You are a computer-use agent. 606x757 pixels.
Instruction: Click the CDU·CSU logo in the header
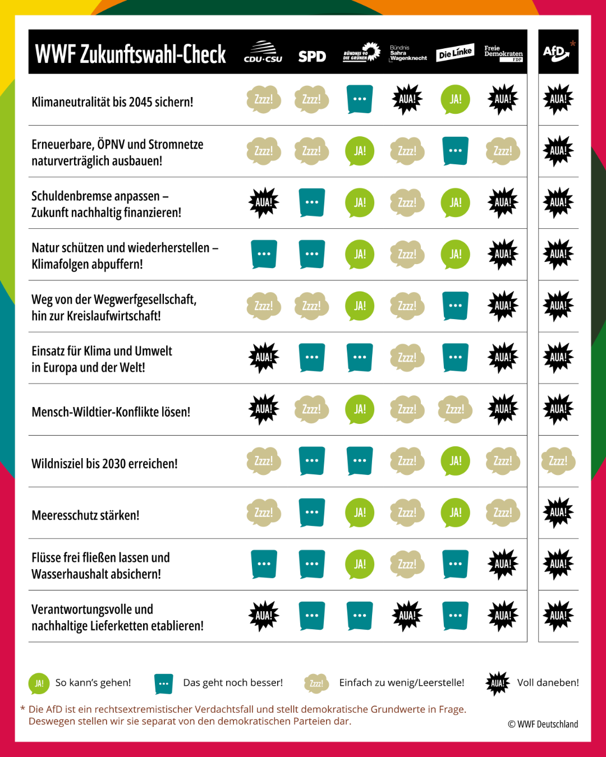(263, 52)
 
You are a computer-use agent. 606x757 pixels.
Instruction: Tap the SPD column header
(312, 56)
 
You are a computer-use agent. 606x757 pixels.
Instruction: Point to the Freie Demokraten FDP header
(503, 53)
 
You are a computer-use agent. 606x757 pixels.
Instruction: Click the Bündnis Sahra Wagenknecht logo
(408, 53)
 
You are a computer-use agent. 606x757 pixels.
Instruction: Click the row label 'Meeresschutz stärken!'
(85, 515)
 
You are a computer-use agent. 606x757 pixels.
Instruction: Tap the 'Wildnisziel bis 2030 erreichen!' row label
(104, 464)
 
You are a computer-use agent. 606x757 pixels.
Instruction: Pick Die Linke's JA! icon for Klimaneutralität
(455, 99)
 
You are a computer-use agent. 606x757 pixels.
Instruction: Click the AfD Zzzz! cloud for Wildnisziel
(558, 461)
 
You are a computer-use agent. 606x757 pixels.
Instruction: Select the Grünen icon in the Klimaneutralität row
(360, 99)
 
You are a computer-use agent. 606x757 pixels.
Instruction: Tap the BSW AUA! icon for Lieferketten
(407, 616)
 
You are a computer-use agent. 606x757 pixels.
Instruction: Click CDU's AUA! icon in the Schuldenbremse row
(264, 202)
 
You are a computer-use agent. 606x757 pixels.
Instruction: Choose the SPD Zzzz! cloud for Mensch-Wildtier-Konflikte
(311, 409)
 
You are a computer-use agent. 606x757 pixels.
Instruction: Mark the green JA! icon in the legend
(39, 684)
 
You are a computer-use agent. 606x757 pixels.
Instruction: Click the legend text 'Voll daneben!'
(548, 682)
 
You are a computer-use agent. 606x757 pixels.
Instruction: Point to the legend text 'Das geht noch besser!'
(233, 682)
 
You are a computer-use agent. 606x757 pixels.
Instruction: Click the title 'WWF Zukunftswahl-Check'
(131, 54)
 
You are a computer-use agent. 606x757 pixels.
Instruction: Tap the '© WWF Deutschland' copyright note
(543, 724)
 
